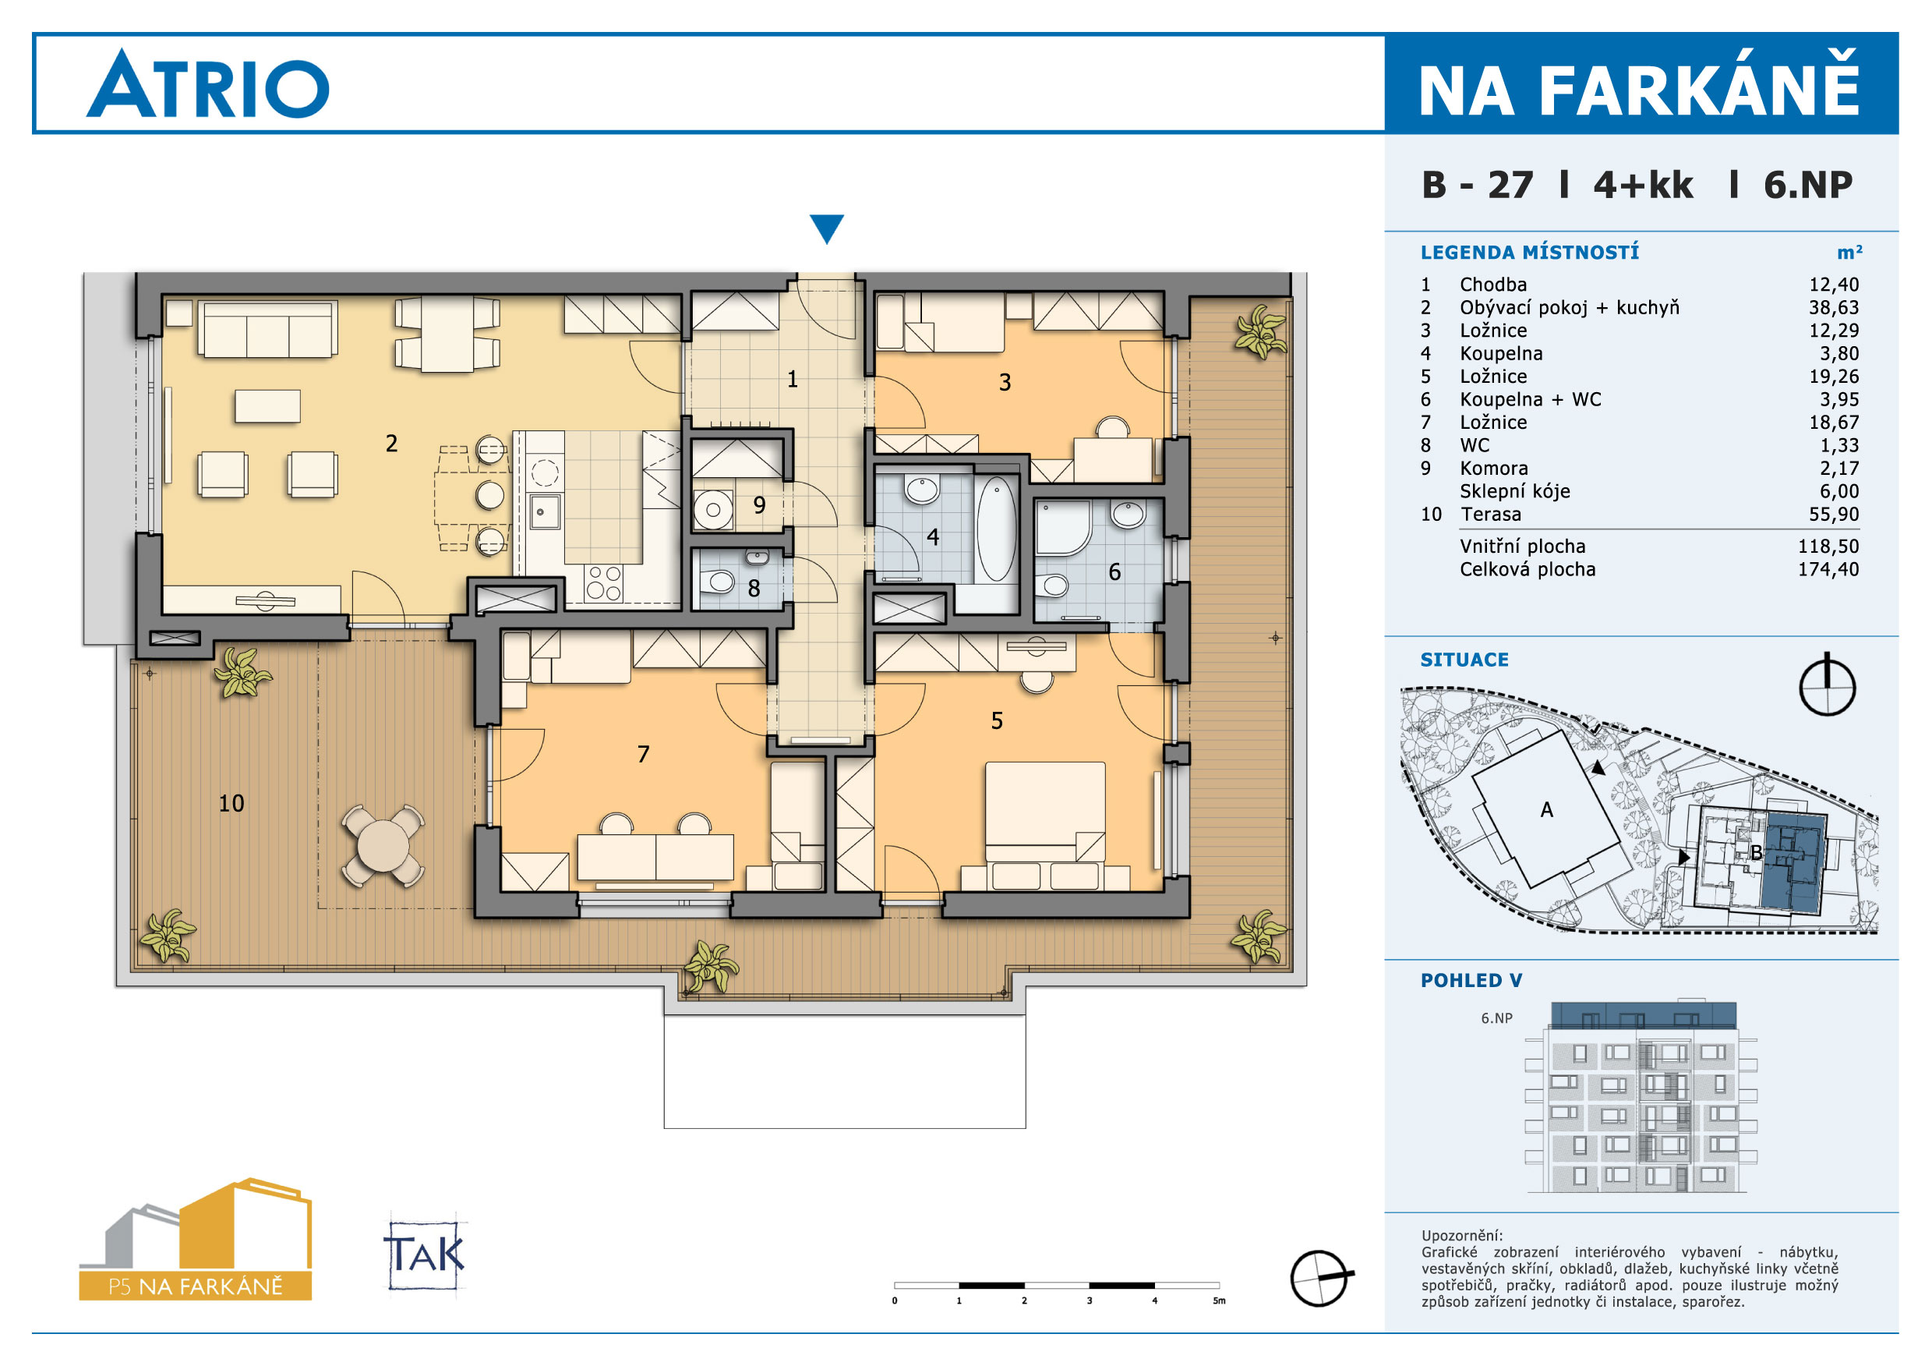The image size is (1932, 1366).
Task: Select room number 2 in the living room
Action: point(391,444)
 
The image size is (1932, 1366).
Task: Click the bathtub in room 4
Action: point(996,529)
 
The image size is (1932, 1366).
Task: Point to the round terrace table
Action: point(383,846)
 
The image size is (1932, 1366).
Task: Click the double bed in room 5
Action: point(1045,812)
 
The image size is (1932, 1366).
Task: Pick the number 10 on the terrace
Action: point(231,803)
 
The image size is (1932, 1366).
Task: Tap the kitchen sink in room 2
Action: point(545,511)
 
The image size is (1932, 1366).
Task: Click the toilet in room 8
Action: point(720,582)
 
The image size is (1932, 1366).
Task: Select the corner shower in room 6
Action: point(1062,528)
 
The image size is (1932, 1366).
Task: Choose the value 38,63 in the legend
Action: point(1834,307)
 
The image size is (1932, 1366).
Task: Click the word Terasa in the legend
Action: point(1490,515)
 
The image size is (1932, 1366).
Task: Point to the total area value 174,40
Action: point(1828,569)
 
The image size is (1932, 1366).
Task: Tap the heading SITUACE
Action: point(1464,660)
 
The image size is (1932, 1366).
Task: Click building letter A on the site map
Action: point(1545,809)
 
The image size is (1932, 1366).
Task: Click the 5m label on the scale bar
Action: point(1219,1301)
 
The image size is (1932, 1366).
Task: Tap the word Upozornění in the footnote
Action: point(1461,1236)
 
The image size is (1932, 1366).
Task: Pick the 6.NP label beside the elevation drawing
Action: point(1496,1017)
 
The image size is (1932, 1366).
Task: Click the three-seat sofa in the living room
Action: point(267,329)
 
